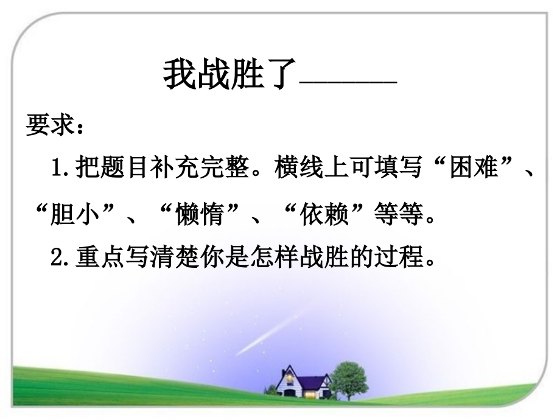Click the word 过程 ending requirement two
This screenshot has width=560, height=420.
[401, 258]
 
